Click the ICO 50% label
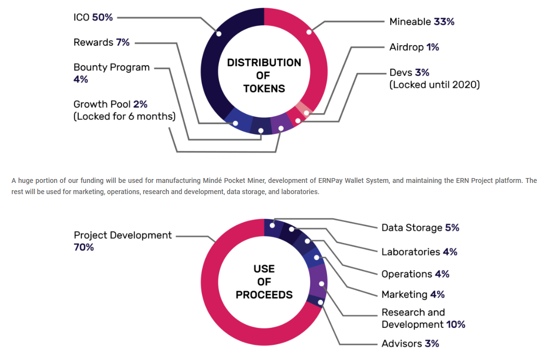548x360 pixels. point(93,17)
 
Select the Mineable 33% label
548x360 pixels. point(421,21)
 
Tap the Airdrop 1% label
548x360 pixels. point(414,47)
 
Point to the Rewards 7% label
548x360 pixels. point(101,42)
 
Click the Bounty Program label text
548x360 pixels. point(111,67)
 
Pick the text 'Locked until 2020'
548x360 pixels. point(435,85)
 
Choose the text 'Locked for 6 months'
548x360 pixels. point(124,116)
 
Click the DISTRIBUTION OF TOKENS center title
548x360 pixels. point(264,75)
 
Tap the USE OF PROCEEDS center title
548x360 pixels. point(264,282)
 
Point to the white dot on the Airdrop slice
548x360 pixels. point(306,113)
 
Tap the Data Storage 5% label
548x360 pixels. point(420,228)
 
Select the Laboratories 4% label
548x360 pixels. point(419,252)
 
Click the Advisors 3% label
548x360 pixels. point(410,343)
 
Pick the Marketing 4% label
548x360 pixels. point(413,294)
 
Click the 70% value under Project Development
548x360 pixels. point(84,247)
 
